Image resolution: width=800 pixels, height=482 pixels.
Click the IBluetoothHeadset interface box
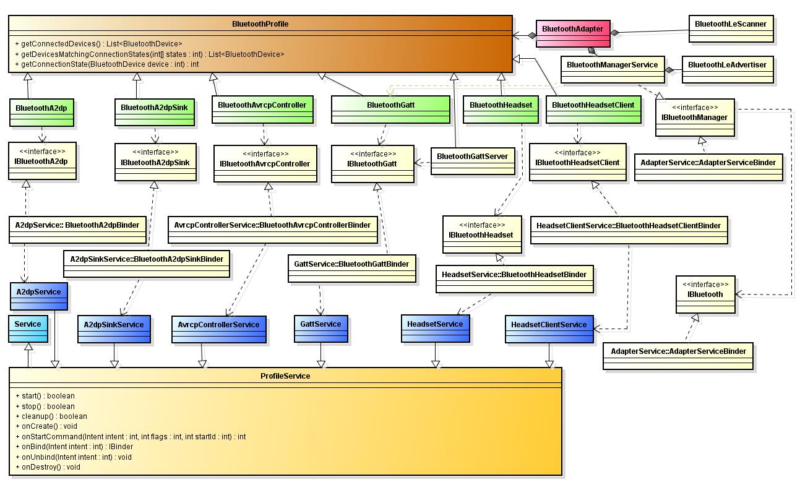click(481, 235)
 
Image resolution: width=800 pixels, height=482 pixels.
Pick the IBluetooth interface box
click(705, 294)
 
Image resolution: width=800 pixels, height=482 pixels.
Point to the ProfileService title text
click(285, 376)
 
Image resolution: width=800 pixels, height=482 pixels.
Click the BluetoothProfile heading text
click(260, 24)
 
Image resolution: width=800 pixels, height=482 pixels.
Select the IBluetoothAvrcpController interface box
click(265, 163)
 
